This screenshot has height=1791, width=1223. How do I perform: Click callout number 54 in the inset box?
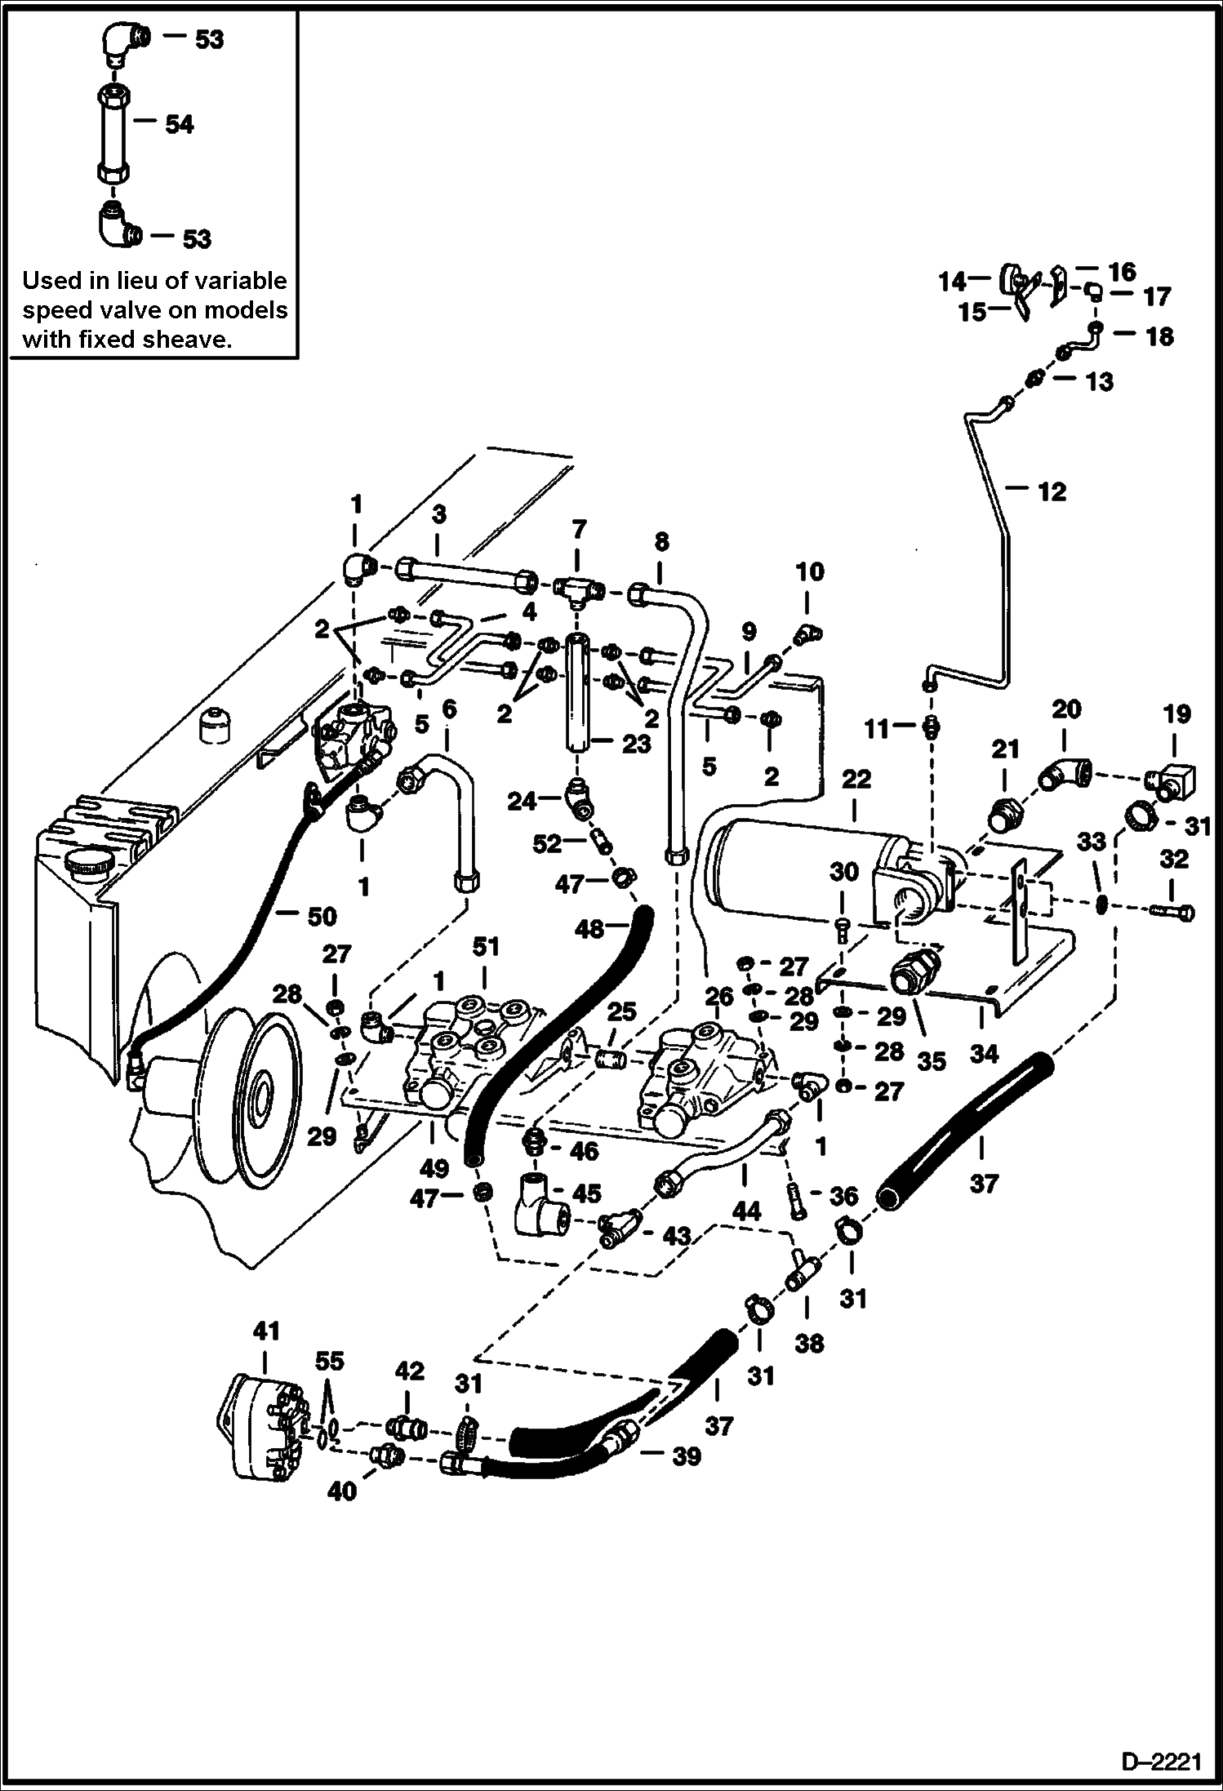pos(179,125)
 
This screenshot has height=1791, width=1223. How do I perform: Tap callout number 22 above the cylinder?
pos(856,780)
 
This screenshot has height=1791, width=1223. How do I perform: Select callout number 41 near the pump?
pos(265,1331)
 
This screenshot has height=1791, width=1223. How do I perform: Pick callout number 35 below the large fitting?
pos(931,1061)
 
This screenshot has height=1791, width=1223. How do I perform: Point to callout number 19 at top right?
pos(1176,715)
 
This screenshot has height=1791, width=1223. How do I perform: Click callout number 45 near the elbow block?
pos(586,1194)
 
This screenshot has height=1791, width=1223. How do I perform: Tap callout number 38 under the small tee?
pos(809,1343)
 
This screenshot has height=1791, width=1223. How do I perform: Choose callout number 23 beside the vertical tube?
pos(637,744)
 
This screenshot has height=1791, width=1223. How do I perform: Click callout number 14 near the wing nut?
pos(952,283)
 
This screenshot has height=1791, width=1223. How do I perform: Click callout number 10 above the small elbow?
pos(810,572)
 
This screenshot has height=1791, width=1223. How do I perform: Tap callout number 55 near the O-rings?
pos(331,1362)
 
